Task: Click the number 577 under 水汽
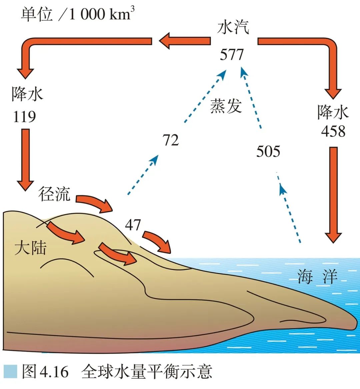pyautogui.click(x=232, y=55)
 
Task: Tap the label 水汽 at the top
pyautogui.click(x=233, y=27)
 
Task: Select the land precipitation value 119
pyautogui.click(x=24, y=117)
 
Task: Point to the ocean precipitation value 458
pyautogui.click(x=333, y=131)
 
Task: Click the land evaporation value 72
pyautogui.click(x=171, y=140)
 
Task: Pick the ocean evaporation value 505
pyautogui.click(x=268, y=151)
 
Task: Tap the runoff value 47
pyautogui.click(x=133, y=225)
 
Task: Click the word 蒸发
pyautogui.click(x=226, y=106)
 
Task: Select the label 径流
pyautogui.click(x=54, y=194)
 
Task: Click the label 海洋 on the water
pyautogui.click(x=317, y=276)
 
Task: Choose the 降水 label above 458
pyautogui.click(x=333, y=112)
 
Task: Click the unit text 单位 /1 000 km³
pyautogui.click(x=78, y=14)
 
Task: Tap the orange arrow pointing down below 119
pyautogui.click(x=25, y=160)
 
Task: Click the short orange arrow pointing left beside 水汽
pyautogui.click(x=184, y=41)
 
